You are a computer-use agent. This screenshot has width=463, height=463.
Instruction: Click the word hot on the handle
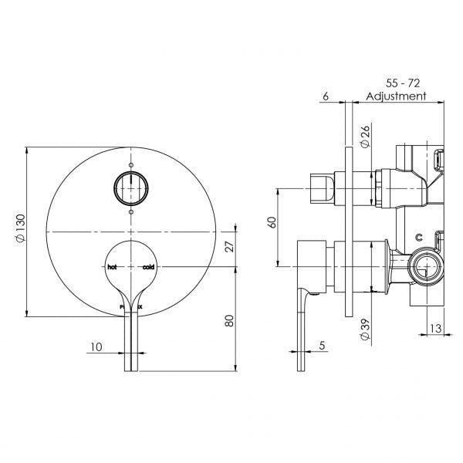(x=113, y=267)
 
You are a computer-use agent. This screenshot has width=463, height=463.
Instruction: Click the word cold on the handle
(x=148, y=267)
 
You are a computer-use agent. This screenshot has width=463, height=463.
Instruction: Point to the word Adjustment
(x=397, y=96)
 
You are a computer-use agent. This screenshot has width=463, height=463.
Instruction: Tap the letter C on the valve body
(x=419, y=237)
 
